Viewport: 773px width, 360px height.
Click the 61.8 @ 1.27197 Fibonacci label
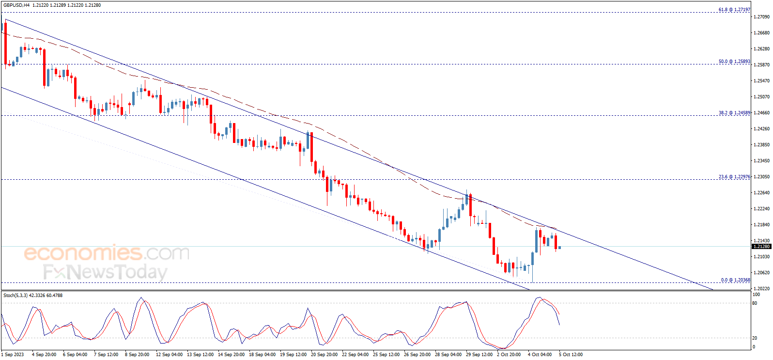click(734, 10)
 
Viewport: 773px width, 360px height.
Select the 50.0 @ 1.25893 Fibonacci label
click(734, 62)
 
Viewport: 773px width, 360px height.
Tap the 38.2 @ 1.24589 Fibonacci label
click(734, 113)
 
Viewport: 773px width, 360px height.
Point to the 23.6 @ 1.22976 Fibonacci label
click(734, 177)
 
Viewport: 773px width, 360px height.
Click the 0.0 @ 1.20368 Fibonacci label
click(735, 280)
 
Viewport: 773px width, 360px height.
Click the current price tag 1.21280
click(761, 247)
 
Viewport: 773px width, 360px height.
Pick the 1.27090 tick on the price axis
click(761, 17)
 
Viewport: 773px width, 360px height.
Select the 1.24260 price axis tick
click(761, 129)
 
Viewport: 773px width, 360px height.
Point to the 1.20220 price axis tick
click(761, 288)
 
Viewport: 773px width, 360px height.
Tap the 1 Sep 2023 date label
click(13, 355)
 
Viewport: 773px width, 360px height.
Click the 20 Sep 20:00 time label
click(324, 355)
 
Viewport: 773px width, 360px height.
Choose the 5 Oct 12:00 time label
click(571, 355)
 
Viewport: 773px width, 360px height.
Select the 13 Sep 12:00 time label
click(200, 355)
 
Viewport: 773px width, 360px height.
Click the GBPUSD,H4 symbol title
click(16, 5)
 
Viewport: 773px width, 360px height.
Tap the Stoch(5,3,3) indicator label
click(15, 295)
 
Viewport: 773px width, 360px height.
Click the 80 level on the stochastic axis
click(755, 303)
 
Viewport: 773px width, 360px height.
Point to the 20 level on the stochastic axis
click(755, 338)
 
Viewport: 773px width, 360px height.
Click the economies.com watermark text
click(107, 253)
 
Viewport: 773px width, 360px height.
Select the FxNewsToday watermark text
click(105, 272)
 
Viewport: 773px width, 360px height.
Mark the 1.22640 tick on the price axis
click(761, 193)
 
